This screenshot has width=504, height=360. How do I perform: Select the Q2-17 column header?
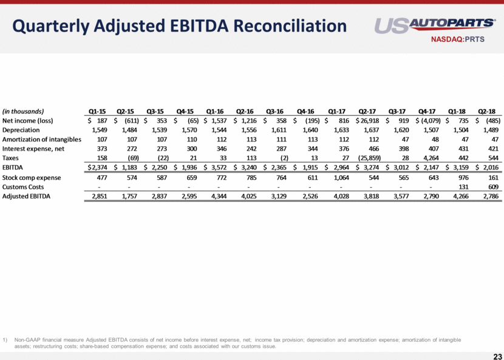tap(370, 111)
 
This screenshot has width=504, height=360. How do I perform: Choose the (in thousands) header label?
tap(22, 111)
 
